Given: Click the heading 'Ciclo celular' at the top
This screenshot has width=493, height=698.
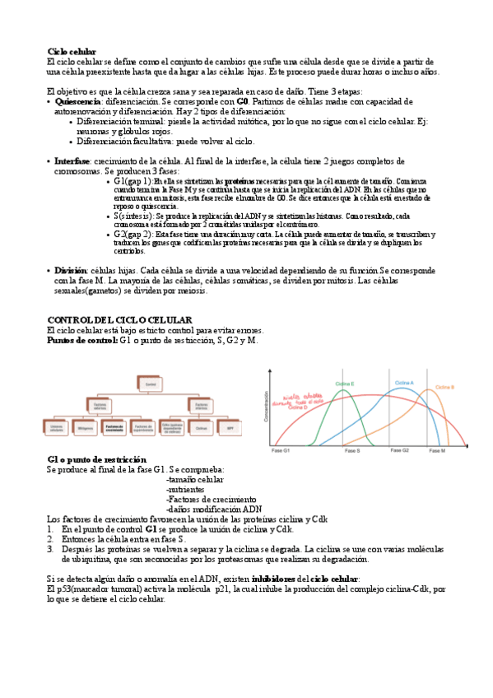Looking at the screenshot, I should [72, 51].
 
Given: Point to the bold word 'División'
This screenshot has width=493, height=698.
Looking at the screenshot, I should [70, 270].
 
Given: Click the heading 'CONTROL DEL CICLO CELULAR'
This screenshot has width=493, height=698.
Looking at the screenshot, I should [119, 319].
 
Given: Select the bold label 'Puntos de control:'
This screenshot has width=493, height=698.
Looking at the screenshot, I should [82, 340].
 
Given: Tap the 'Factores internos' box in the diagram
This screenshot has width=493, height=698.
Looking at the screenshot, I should [198, 405].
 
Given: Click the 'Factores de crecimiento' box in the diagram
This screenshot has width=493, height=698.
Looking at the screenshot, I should [114, 427].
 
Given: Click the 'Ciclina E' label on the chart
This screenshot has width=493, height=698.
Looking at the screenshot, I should [345, 384].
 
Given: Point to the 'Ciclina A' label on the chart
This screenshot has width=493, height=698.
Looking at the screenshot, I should [404, 383].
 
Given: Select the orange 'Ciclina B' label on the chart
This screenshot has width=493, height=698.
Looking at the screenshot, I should [444, 387].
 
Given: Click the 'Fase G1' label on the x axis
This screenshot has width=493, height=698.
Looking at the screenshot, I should [281, 451].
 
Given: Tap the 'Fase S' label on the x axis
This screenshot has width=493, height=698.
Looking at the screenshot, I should [351, 451].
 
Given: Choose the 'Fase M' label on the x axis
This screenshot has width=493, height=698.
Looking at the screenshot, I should [436, 451].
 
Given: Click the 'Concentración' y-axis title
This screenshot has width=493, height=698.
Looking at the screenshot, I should [266, 407].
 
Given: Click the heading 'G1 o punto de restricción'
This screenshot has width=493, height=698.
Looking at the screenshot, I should [97, 458].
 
